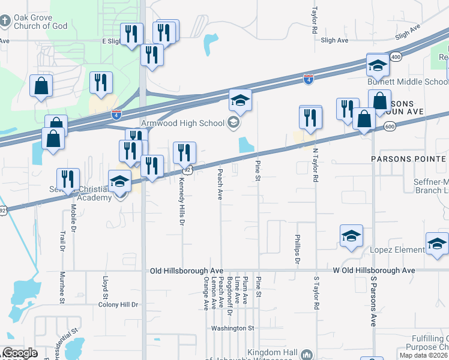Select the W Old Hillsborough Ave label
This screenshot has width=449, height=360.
374,271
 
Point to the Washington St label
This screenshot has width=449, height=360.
233,328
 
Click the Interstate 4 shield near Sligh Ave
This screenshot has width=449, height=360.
308,79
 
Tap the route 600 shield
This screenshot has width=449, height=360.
390,126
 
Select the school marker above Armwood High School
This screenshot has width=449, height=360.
240,100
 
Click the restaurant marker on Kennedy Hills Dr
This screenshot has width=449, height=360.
184,153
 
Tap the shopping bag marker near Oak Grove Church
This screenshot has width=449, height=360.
41,86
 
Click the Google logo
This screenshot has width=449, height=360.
20,353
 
